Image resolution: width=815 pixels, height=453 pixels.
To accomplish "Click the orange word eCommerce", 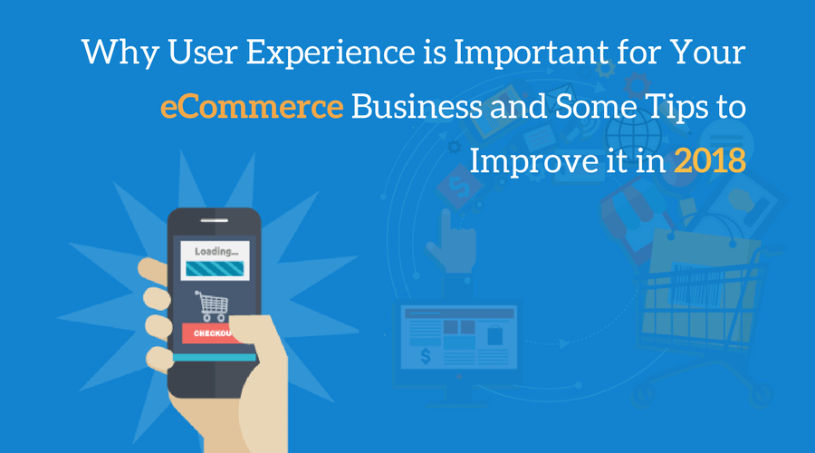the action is pos(252,107).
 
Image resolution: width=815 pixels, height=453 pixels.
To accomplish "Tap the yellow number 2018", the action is pos(710,160).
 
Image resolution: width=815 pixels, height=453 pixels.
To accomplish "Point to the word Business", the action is pos(417,107).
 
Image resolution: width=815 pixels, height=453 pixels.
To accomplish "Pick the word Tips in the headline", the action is pos(676,108).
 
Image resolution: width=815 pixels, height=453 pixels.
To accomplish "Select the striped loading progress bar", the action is pos(215,268).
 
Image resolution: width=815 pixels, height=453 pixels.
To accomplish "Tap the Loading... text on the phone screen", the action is pos(216,252).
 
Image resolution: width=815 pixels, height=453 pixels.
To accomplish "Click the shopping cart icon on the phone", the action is pos(212,306).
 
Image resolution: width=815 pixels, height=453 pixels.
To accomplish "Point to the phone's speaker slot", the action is pos(214,220).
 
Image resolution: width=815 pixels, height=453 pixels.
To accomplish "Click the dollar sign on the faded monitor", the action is pos(426,357).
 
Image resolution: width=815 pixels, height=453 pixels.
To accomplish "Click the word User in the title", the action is pos(202,53).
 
